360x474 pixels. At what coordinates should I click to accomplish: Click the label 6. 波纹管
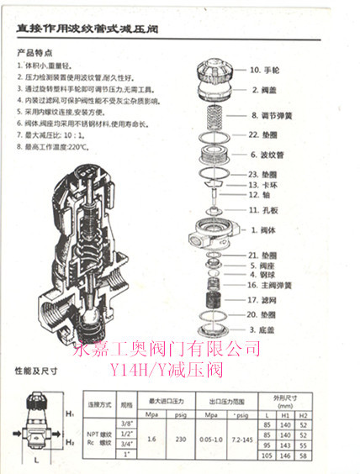tap(267, 155)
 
